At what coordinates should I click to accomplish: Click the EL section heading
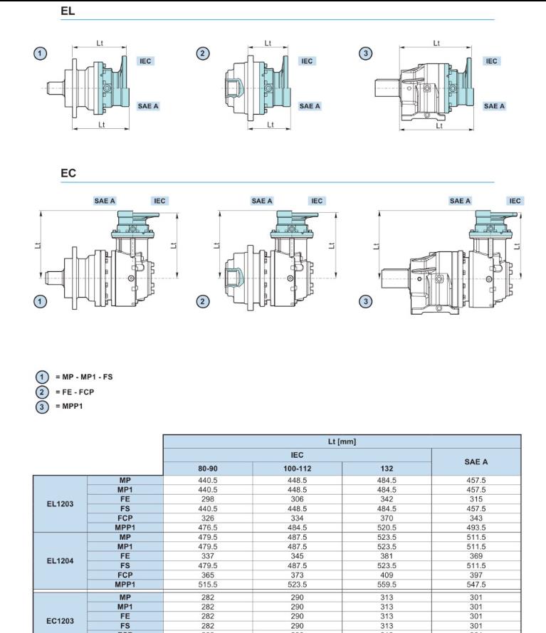coord(68,11)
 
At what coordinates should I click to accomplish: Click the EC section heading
coord(68,173)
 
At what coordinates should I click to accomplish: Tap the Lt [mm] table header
coord(342,441)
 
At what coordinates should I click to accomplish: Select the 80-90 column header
coord(207,469)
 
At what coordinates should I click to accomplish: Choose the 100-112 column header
coord(297,469)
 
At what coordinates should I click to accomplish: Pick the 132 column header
coord(387,469)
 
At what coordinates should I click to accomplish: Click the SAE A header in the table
coord(476,462)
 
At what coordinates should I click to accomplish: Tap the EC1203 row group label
coord(60,621)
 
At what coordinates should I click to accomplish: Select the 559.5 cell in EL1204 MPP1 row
coord(387,584)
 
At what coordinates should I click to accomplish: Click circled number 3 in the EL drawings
coord(365,54)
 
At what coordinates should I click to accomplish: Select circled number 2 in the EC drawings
coord(203,301)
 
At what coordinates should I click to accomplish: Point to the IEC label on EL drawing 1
coord(146,61)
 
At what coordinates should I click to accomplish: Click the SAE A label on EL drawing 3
coord(494,106)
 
